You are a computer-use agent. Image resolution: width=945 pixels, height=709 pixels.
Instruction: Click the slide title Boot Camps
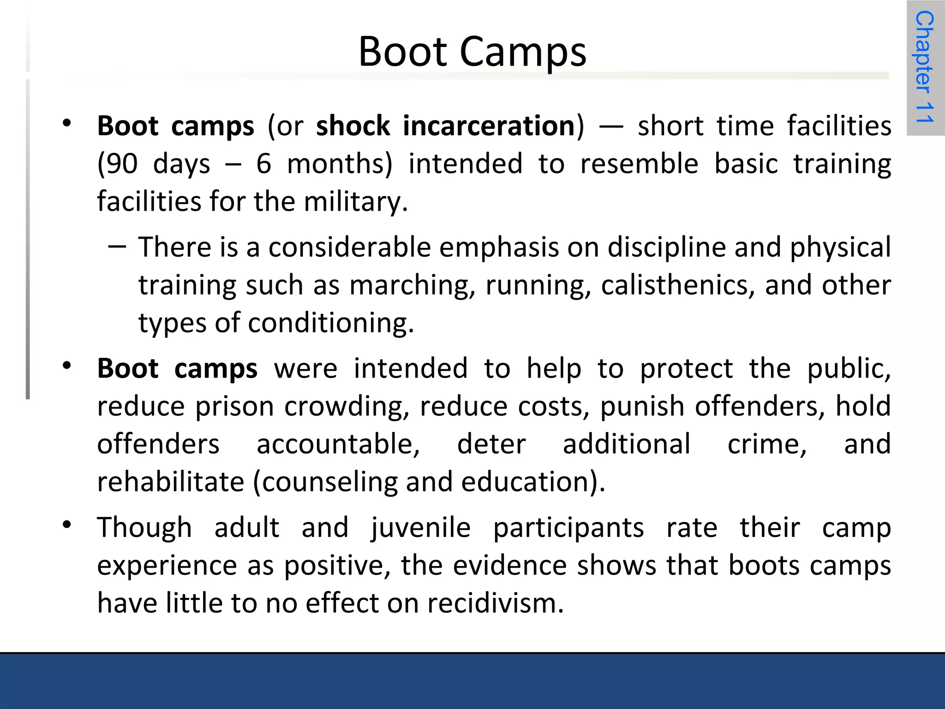[472, 52]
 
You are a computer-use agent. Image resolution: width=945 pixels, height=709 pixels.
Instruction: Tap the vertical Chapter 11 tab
[925, 67]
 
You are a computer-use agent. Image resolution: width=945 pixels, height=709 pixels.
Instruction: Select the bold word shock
[353, 126]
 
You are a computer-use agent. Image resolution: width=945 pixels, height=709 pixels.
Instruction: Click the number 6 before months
[263, 164]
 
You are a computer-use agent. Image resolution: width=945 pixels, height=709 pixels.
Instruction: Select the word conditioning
[330, 323]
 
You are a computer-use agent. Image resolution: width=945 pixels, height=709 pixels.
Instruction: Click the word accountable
[338, 445]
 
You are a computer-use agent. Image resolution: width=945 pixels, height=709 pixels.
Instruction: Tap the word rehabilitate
[170, 482]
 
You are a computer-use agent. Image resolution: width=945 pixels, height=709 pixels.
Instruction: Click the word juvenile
[420, 528]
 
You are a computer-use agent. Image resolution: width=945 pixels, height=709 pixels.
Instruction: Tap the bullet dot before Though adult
[67, 525]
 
